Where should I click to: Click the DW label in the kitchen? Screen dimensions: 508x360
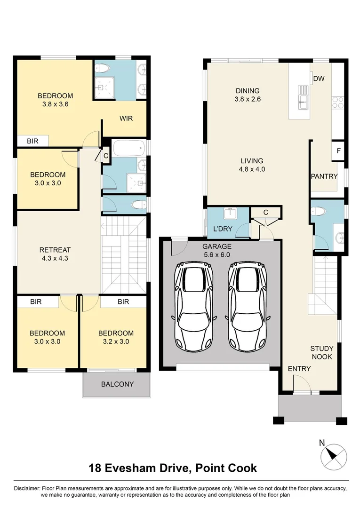(x=319, y=79)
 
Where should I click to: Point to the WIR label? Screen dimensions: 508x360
(x=126, y=118)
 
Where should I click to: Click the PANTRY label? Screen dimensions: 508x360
(x=324, y=176)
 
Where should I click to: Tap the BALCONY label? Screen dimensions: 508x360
(x=117, y=384)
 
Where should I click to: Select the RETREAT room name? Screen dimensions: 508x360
(x=55, y=249)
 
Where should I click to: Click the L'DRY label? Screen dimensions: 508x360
(x=223, y=229)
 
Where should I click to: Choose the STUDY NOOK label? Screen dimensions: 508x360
(x=322, y=353)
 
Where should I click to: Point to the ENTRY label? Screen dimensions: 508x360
(x=299, y=368)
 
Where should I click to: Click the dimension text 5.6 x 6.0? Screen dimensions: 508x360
(x=217, y=254)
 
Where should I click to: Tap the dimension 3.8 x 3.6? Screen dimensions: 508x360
(x=55, y=104)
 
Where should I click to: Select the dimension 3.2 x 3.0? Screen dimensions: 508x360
(x=116, y=342)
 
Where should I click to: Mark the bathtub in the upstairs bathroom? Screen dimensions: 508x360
(x=128, y=149)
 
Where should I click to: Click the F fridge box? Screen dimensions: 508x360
(x=338, y=151)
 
